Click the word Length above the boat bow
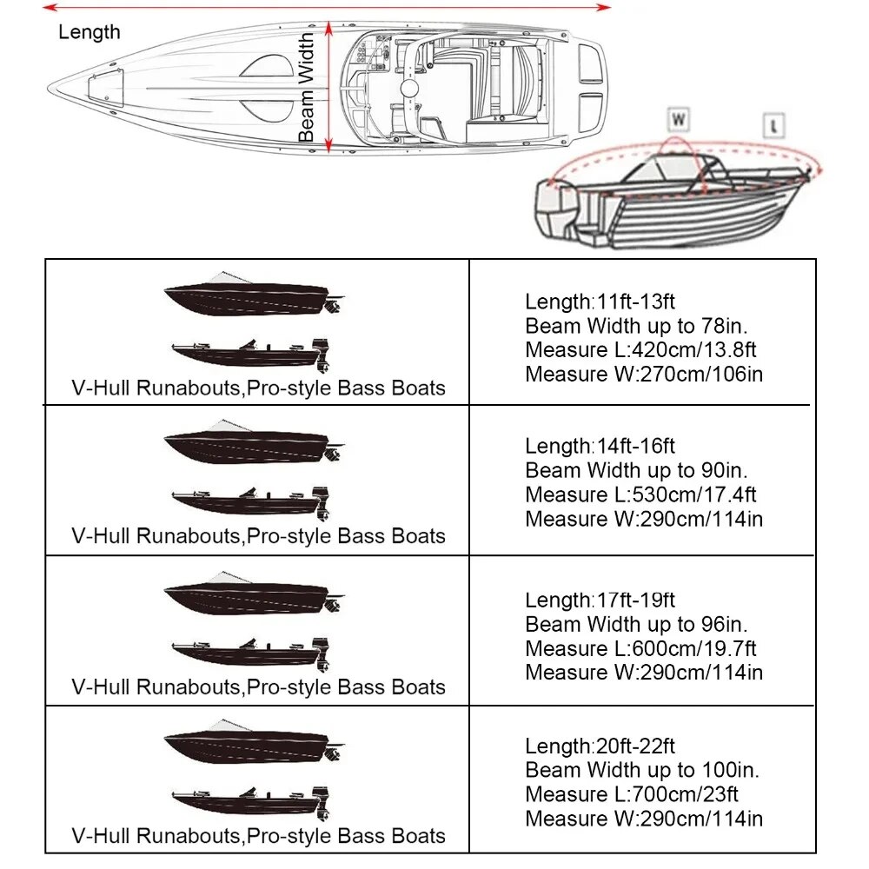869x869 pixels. [90, 33]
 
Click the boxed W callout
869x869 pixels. [678, 118]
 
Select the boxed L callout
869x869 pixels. [774, 126]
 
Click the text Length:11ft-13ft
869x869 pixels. [600, 302]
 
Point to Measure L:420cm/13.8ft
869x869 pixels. [640, 350]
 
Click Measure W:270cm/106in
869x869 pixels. [644, 375]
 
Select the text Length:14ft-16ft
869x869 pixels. [600, 447]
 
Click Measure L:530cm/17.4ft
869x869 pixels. [640, 494]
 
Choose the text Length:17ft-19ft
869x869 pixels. [600, 600]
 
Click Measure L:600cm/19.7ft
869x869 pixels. [640, 648]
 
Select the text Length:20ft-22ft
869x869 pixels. [600, 746]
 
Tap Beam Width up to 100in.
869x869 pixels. [642, 770]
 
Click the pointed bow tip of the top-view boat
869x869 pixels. [52, 89]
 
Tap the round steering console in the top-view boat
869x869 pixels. [408, 90]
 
